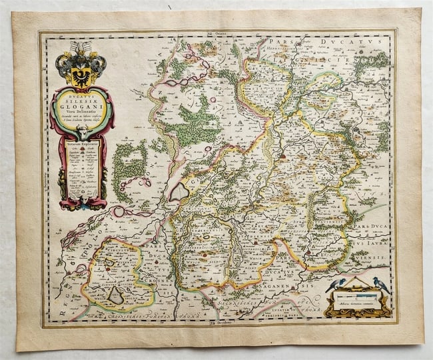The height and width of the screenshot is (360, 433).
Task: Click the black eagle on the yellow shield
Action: point(81,72)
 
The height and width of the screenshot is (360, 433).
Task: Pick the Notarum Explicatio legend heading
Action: point(82,143)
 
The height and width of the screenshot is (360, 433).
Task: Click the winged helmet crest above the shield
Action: point(81,50)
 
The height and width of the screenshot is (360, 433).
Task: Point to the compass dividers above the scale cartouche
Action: point(357,283)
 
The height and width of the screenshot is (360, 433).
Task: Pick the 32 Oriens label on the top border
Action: point(216,33)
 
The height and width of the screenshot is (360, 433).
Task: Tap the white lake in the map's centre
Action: point(179,192)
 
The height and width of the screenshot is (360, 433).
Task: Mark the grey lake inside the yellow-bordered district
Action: point(116,294)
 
